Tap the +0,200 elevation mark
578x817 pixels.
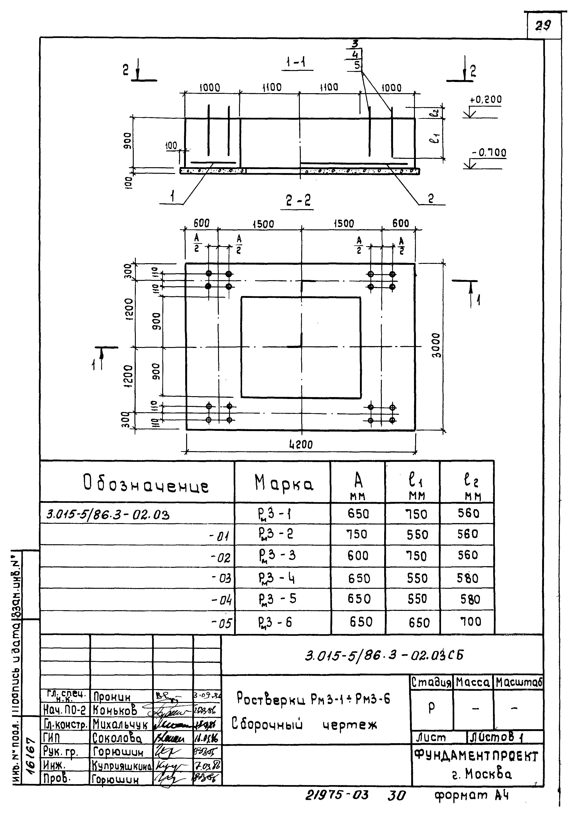[486, 100]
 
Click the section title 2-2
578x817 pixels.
[298, 201]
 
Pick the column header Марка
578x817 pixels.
[284, 483]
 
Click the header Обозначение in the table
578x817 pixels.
[146, 485]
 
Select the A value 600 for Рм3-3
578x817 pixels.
[358, 555]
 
